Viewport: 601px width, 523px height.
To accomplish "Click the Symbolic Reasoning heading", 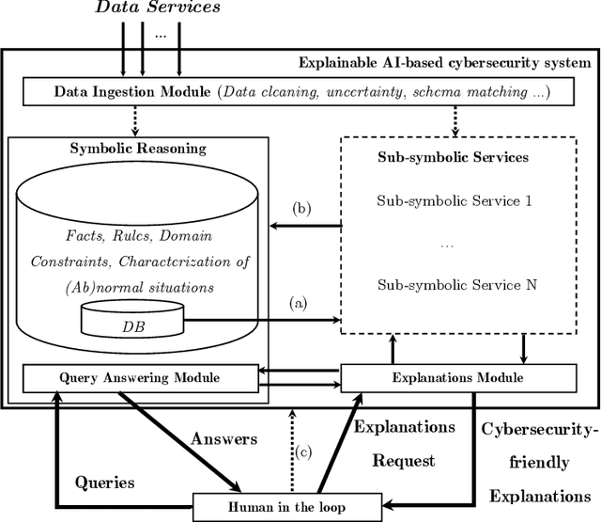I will tap(137, 150).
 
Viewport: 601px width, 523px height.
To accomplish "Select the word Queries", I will tap(105, 483).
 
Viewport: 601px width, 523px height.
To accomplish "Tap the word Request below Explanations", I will tap(404, 461).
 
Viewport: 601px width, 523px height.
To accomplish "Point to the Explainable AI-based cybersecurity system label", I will tap(443, 63).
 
